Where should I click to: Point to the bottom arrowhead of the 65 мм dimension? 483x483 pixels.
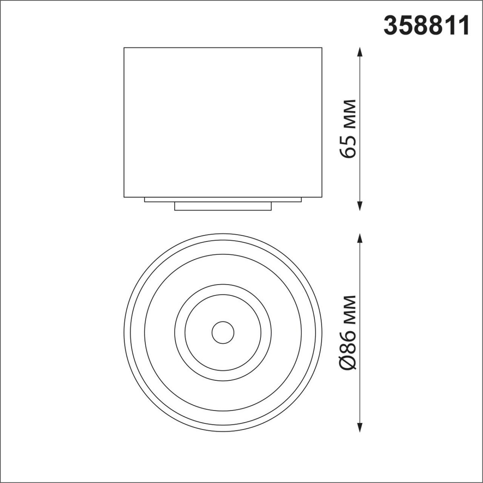pyautogui.click(x=360, y=206)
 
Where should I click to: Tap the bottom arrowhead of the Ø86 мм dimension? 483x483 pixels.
pyautogui.click(x=360, y=427)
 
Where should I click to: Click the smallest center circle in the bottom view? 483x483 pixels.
pyautogui.click(x=223, y=332)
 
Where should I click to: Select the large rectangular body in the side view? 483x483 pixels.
pyautogui.click(x=223, y=121)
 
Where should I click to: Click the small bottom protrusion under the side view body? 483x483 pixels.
pyautogui.click(x=223, y=206)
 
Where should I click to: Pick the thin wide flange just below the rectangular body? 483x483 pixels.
pyautogui.click(x=223, y=200)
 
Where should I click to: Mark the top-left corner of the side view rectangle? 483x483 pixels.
pyautogui.click(x=124, y=48)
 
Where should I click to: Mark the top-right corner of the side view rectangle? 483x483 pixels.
pyautogui.click(x=322, y=48)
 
